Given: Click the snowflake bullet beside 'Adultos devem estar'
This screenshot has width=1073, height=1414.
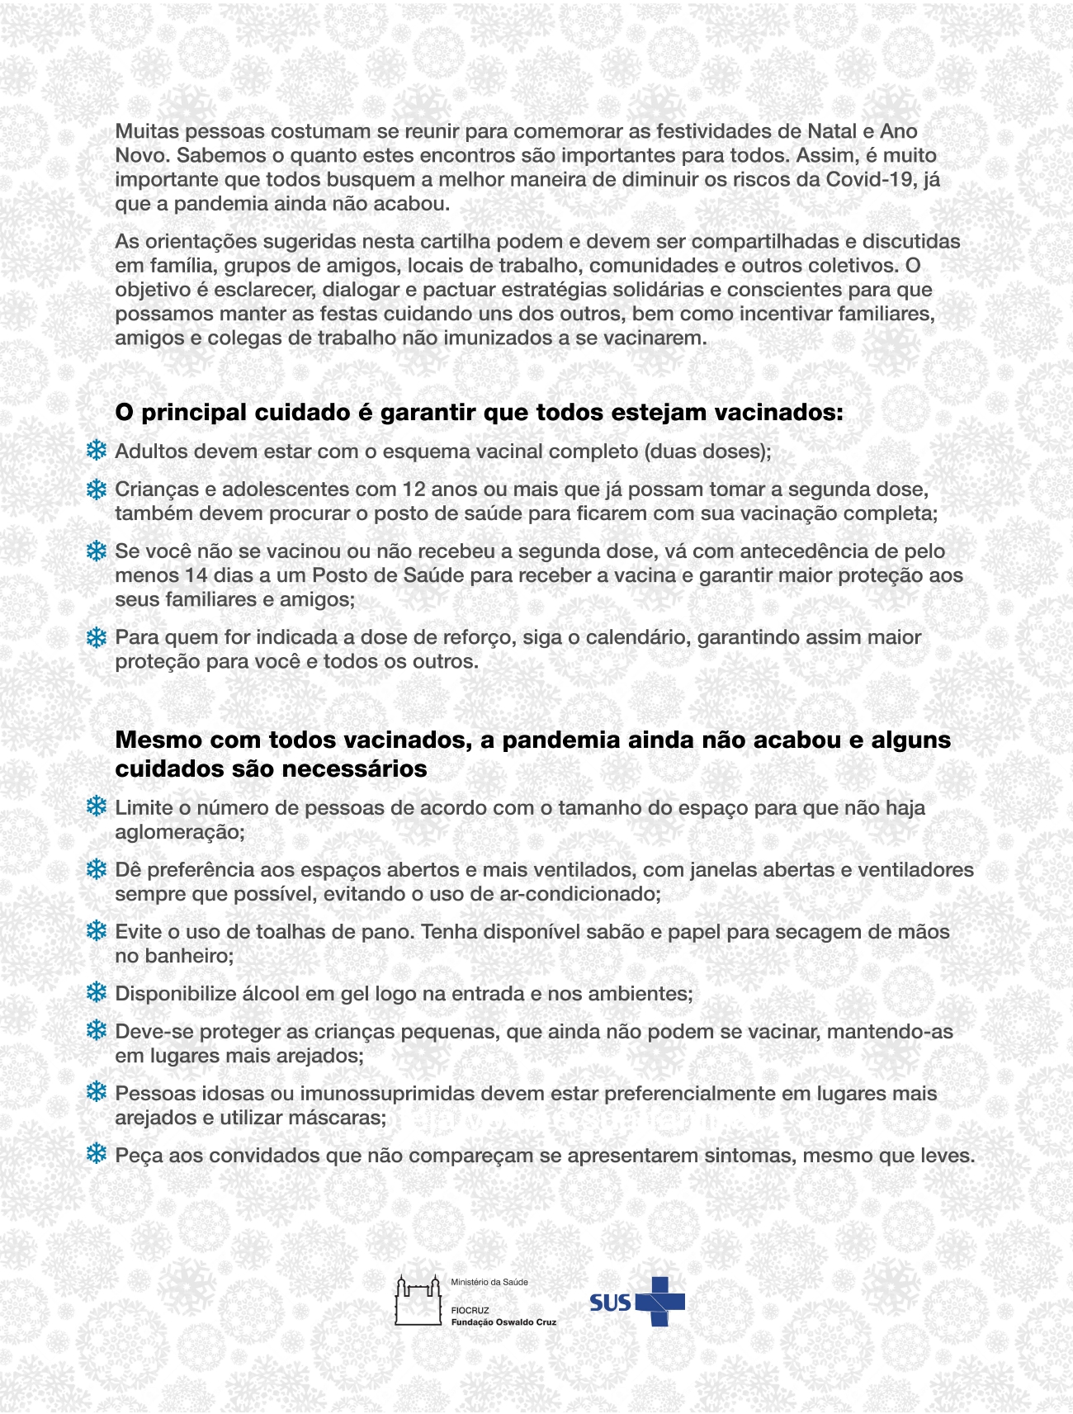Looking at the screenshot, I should [x=97, y=451].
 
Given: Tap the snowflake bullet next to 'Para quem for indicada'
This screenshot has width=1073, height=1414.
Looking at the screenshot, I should [x=97, y=637].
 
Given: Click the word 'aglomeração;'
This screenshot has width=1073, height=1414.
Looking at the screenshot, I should [x=180, y=831].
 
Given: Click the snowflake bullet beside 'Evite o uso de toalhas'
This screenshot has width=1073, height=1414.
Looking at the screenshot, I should [x=97, y=931].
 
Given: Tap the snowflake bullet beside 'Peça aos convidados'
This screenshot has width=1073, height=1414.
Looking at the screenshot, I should [x=97, y=1154].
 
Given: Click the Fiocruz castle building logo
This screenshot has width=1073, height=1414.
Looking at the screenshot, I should [x=418, y=1301].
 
